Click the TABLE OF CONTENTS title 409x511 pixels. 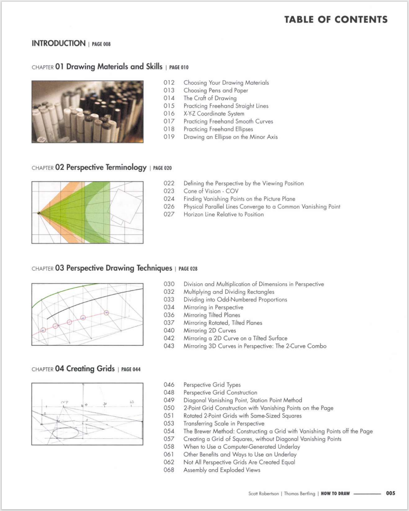pos(335,19)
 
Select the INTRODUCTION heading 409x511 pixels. pos(58,43)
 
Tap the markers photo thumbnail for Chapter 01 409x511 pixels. pos(87,112)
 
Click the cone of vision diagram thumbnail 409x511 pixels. pos(87,212)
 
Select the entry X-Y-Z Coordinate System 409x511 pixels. pos(214,114)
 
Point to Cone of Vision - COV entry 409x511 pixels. pos(211,191)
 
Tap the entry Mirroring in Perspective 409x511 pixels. pos(213,308)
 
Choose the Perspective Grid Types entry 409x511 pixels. pos(212,384)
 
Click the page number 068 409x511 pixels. pos(169,470)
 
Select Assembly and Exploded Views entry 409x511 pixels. pos(222,470)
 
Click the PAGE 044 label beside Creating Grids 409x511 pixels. pos(131,370)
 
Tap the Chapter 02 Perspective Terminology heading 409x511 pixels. pos(100,168)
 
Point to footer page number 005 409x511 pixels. pos(390,494)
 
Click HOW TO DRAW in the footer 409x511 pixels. pos(335,494)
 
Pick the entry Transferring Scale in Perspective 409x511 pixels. pos(224,424)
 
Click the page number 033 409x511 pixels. pos(169,300)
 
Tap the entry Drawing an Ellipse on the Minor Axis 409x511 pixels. pos(230,137)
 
